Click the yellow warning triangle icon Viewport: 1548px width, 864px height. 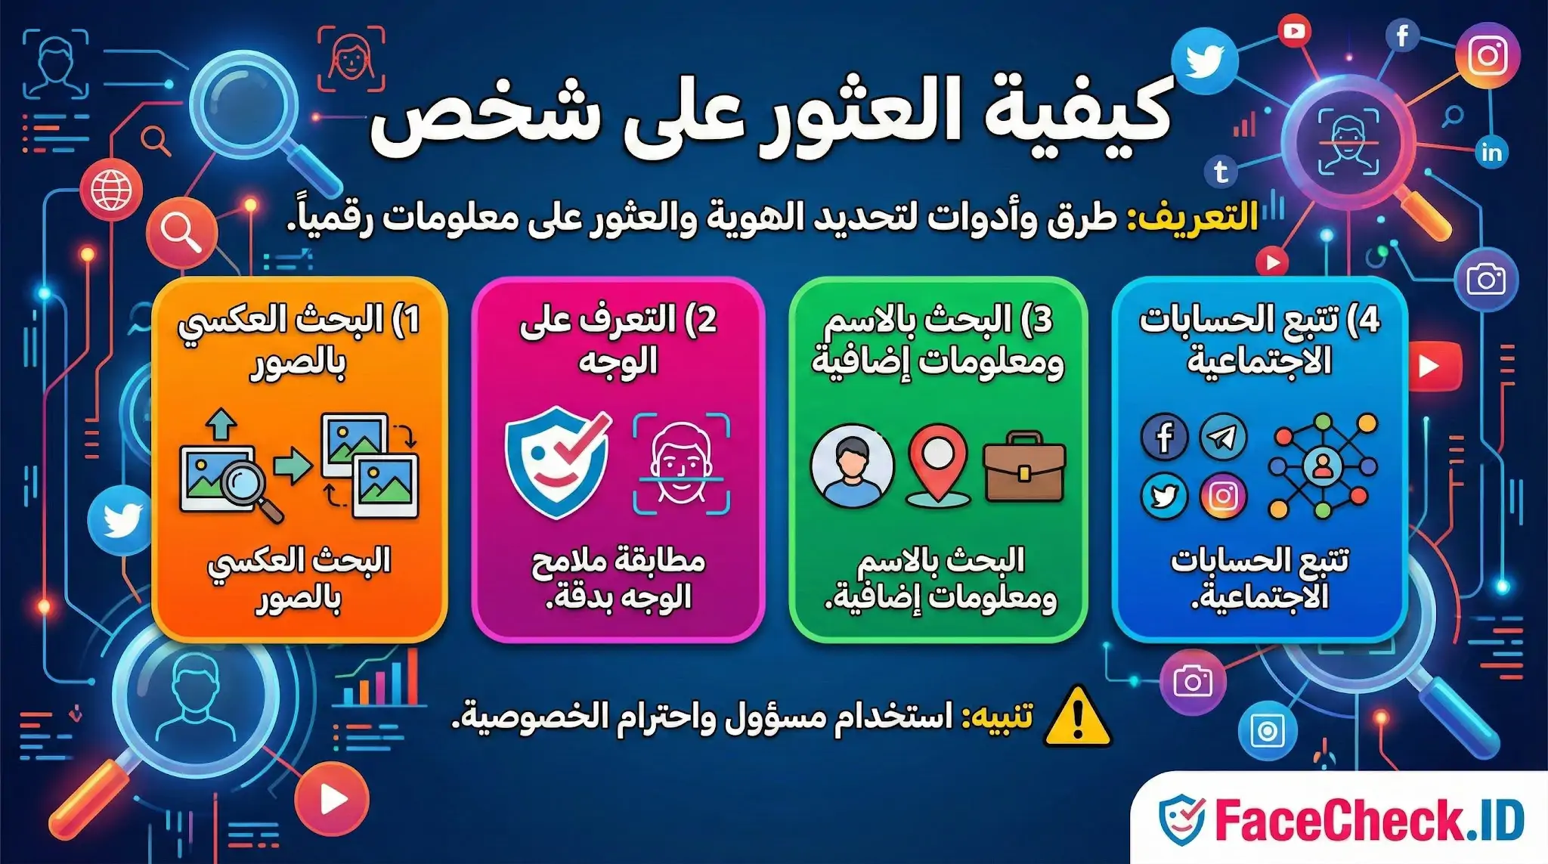1078,717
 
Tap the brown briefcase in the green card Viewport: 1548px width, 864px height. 1024,469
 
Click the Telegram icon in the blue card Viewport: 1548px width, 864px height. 1223,437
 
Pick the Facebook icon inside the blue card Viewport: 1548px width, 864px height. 1164,437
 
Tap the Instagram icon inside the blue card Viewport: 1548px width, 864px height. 1223,496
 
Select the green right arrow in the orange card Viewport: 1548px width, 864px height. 292,464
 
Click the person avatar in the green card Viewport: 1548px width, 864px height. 852,466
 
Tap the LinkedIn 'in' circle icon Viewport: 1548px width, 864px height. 1491,153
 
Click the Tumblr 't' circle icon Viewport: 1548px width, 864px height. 1221,172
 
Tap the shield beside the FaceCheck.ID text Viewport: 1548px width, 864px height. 1181,819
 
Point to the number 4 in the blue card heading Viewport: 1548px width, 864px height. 1369,321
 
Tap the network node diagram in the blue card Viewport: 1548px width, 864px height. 1323,466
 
